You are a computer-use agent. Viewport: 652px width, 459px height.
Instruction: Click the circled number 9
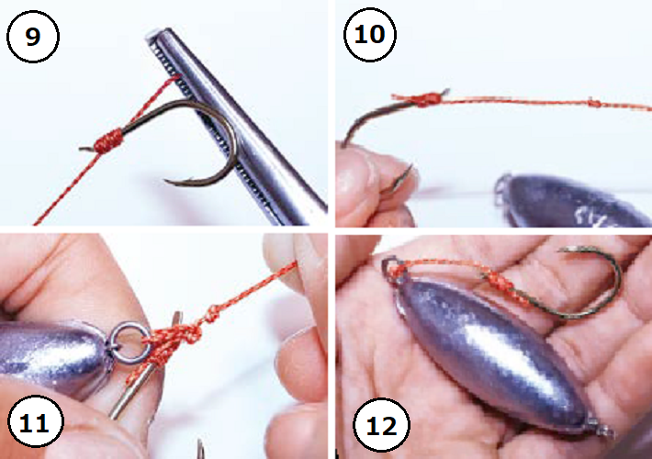point(33,37)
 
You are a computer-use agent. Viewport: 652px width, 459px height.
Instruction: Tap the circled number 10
point(370,34)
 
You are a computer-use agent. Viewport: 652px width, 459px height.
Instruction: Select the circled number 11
point(35,421)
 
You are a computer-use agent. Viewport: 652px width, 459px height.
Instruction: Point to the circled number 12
point(381,424)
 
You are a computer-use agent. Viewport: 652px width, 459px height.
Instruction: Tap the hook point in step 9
point(165,181)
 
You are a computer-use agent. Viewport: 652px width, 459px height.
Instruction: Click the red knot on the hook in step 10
point(425,100)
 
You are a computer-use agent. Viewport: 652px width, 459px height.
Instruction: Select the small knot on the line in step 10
point(594,102)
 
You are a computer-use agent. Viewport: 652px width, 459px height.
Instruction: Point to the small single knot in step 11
point(211,313)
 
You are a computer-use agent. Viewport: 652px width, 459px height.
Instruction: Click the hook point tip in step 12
point(559,251)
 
